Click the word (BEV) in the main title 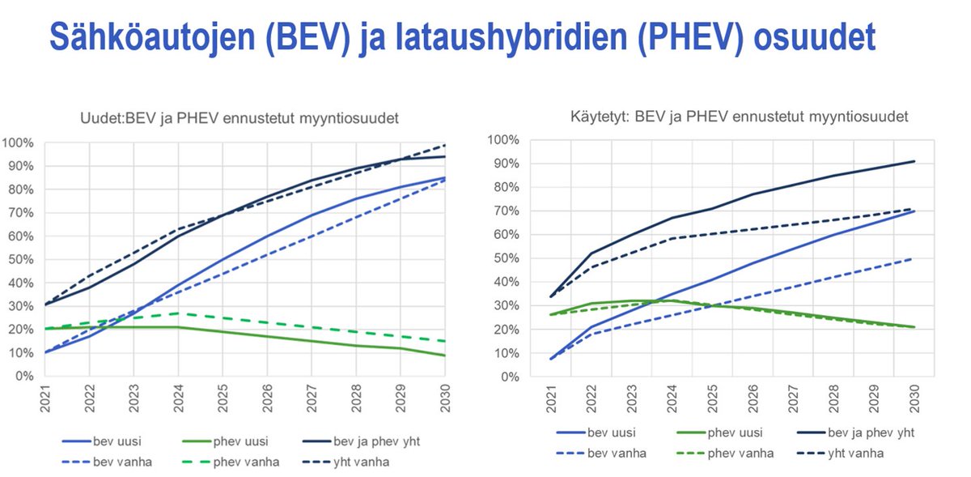(307, 38)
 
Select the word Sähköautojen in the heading (152, 38)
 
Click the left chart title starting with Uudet (240, 118)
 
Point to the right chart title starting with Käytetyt (739, 117)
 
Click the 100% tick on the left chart (18, 143)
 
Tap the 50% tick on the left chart (21, 259)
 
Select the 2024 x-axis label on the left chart (178, 398)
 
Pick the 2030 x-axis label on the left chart (445, 398)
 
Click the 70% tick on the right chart (507, 211)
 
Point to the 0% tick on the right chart (510, 377)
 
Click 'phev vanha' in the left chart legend (246, 462)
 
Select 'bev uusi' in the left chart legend (117, 441)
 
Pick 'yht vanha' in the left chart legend (361, 462)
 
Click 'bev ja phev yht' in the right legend (871, 432)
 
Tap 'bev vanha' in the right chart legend (617, 454)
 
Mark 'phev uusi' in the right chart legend (736, 432)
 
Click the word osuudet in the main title (815, 38)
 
